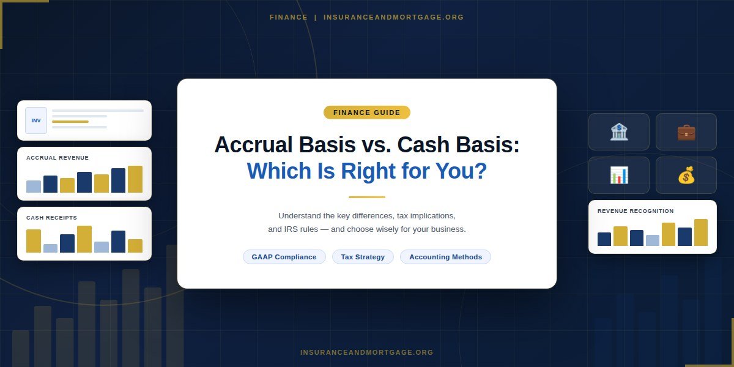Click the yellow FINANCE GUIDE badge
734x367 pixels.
click(367, 113)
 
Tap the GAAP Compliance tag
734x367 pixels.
click(284, 257)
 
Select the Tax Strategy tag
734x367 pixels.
click(363, 257)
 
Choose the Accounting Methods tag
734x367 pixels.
click(445, 257)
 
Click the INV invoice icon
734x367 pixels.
click(36, 120)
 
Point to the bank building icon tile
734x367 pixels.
click(619, 132)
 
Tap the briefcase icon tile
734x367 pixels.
click(686, 132)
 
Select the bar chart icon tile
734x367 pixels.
click(619, 175)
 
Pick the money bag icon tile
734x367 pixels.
click(686, 175)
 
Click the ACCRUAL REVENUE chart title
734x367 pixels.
click(57, 158)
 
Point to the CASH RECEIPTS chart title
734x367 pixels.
click(52, 218)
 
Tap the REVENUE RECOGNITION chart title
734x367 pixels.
click(636, 211)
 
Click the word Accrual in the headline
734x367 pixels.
click(251, 145)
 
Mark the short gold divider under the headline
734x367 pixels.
click(367, 197)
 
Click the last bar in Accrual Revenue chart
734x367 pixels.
click(135, 179)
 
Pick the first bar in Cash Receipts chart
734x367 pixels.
click(34, 241)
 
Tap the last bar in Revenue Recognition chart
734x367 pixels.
click(701, 232)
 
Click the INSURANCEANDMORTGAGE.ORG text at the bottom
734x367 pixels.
click(367, 352)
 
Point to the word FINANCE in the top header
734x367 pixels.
click(289, 17)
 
